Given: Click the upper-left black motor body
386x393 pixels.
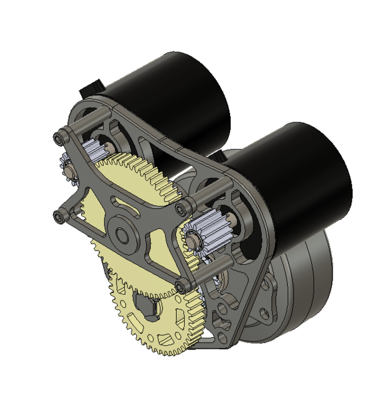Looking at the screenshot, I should tap(178, 92).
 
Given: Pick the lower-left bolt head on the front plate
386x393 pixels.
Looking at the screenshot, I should tap(59, 216).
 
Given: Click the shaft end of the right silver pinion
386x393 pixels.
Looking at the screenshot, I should tap(195, 243).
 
